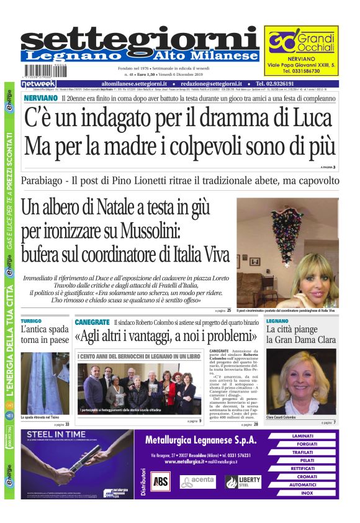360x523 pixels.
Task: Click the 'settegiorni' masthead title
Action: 140,39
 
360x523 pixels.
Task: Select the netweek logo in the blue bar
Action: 38,83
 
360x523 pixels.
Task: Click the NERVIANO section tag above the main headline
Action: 40,98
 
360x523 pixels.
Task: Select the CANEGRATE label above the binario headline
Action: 92,322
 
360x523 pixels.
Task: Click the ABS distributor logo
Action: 161,480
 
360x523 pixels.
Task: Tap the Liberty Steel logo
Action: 243,481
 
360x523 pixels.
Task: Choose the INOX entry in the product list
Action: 307,493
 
